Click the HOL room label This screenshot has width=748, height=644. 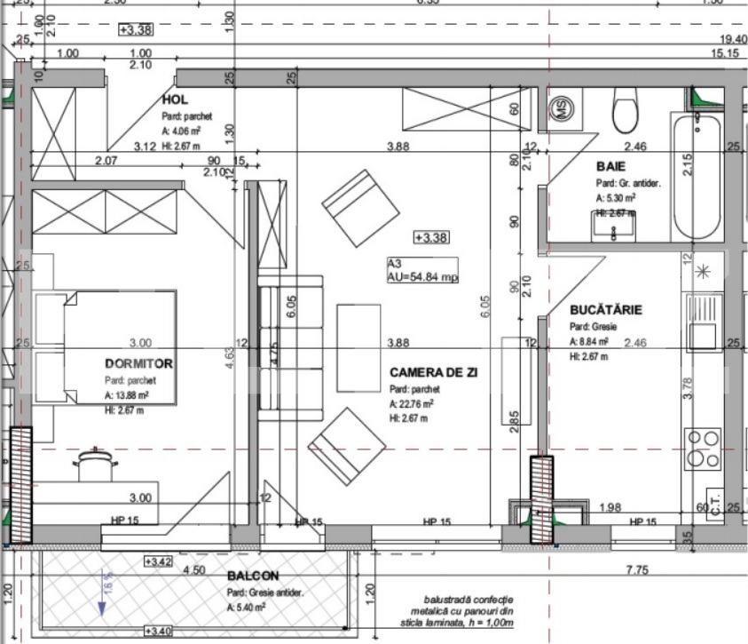pyautogui.click(x=177, y=100)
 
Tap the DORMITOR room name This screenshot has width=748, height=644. pyautogui.click(x=138, y=363)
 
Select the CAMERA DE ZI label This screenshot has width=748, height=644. pyautogui.click(x=433, y=372)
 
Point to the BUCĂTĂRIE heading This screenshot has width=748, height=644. pyautogui.click(x=606, y=310)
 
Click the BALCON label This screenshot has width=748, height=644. pyautogui.click(x=252, y=576)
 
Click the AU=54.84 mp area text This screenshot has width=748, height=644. pyautogui.click(x=422, y=277)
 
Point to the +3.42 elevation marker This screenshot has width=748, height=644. pyautogui.click(x=161, y=561)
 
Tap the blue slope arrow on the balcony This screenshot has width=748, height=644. pyautogui.click(x=103, y=600)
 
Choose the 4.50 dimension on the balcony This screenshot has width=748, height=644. pyautogui.click(x=193, y=569)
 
